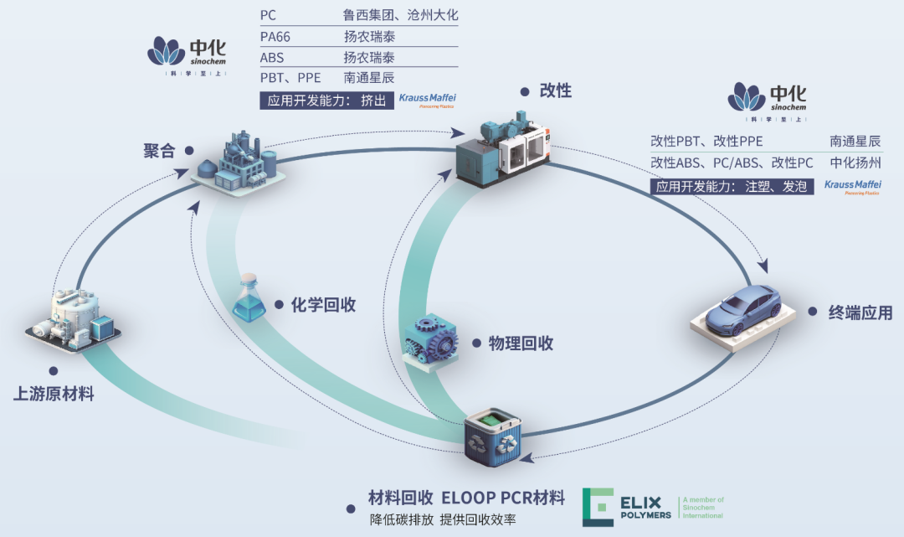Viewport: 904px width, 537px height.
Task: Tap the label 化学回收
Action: coord(323,305)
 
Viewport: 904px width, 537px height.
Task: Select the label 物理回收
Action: coord(521,343)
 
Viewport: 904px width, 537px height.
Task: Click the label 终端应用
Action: coord(860,313)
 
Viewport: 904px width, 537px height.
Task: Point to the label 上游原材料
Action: coord(54,393)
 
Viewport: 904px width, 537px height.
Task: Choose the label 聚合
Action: coord(158,151)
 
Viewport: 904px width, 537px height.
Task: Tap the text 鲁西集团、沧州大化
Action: coord(401,15)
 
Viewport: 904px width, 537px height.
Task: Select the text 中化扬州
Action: coord(855,163)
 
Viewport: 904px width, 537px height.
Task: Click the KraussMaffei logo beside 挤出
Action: coord(427,101)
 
